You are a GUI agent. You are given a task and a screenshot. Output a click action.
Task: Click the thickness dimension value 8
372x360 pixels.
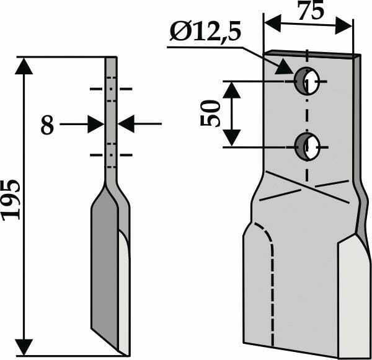point(47,126)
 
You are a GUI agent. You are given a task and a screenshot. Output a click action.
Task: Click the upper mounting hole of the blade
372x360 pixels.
point(306,82)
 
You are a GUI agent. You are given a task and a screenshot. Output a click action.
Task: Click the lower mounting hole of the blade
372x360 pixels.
point(306,147)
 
